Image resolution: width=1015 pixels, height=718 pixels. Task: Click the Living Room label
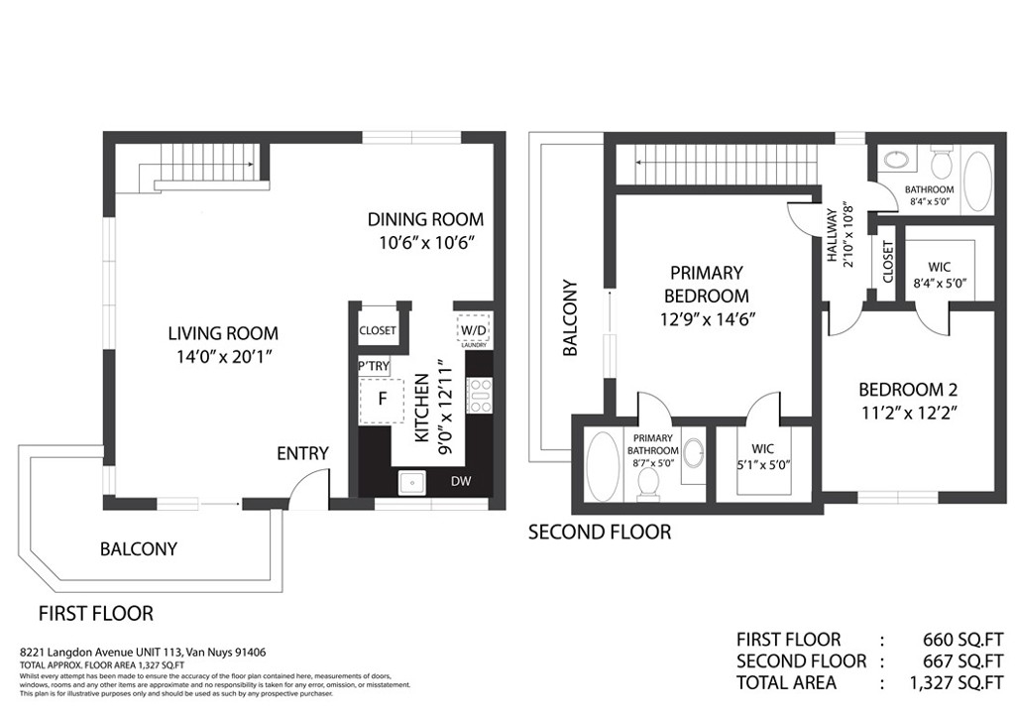coord(223,333)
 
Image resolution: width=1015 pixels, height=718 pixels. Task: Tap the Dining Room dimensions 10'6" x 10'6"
coord(427,243)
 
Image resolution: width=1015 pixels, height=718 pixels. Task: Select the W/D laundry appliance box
coord(473,330)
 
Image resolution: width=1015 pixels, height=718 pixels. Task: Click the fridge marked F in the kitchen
coord(382,400)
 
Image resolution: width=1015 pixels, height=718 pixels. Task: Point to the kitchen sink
coord(411,482)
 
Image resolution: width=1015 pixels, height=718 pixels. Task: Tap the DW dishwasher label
coord(461,481)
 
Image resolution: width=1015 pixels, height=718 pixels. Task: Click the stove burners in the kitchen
coord(480,396)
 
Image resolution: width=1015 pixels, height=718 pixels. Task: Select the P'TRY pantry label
coord(374,367)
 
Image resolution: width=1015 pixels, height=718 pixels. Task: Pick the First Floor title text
coord(96,613)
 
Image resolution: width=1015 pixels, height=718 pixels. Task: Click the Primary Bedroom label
coord(706,285)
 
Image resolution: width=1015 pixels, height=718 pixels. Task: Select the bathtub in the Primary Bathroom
coord(603,465)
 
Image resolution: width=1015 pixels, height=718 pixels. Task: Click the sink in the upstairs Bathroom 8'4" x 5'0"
coord(895,160)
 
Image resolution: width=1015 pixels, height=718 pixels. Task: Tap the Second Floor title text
coord(600,533)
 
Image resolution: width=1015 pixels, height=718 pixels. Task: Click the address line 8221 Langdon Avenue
coord(143,653)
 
